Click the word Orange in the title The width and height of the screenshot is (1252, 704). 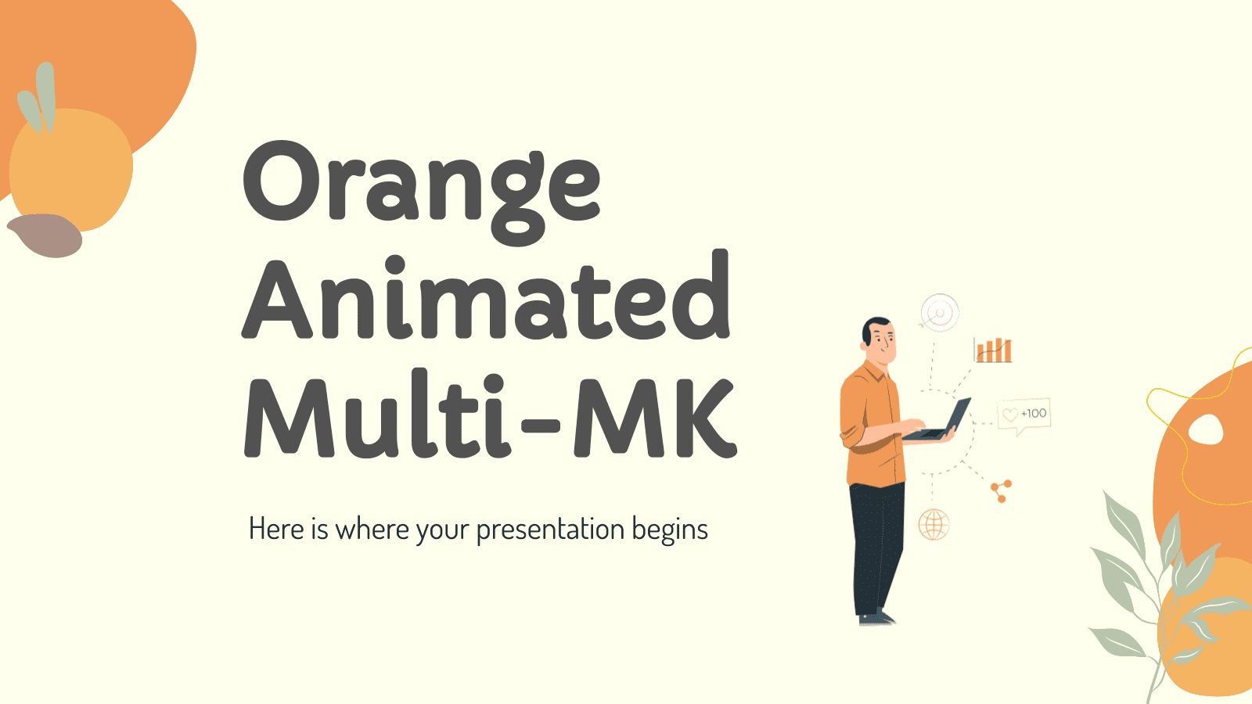tap(423, 188)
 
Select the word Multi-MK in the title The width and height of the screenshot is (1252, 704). tap(490, 418)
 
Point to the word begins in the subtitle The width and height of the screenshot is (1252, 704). tap(670, 530)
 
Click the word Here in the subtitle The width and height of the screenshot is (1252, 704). tap(276, 529)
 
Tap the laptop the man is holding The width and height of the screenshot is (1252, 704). tap(943, 422)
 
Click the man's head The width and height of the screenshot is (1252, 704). tap(878, 338)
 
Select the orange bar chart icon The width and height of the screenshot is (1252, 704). tap(993, 350)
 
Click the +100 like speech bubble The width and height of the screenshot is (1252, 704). tap(1024, 414)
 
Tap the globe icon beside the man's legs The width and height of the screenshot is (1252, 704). tap(934, 523)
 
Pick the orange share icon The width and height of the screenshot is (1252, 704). tap(1001, 490)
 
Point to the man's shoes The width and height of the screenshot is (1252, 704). tap(876, 618)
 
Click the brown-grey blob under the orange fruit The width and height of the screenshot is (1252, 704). tap(45, 235)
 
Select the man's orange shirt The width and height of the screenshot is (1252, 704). tap(870, 426)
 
